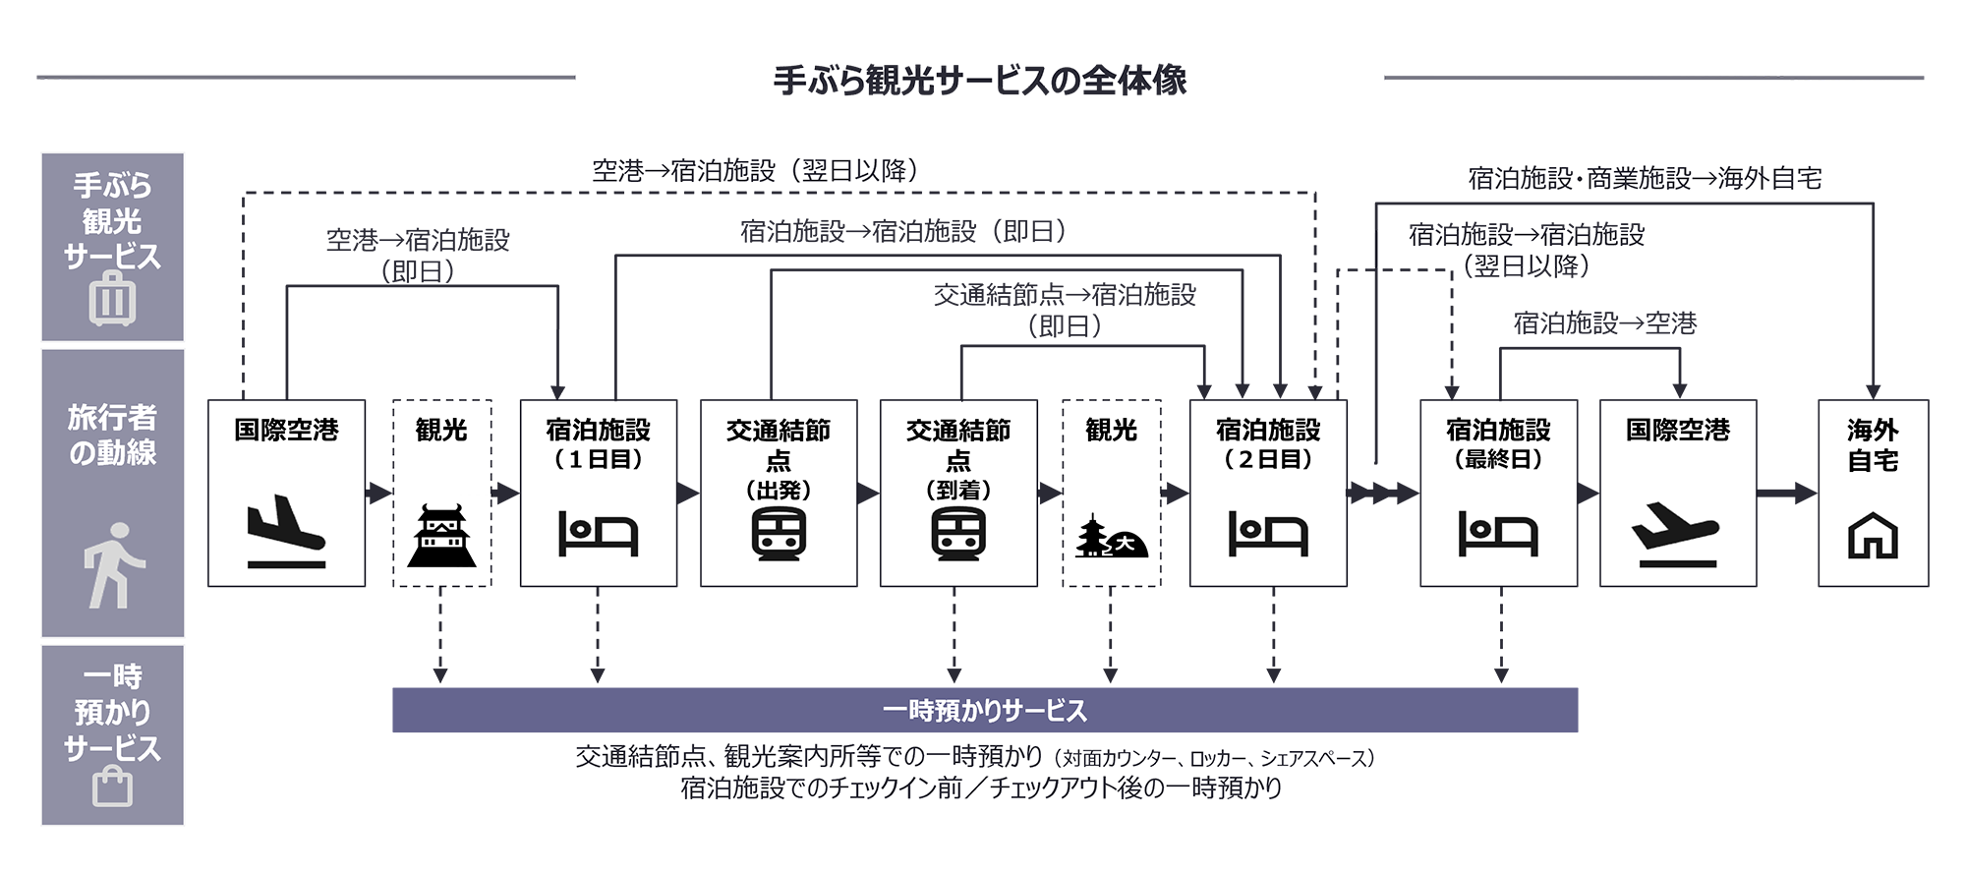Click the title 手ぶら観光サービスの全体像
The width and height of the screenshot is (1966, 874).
tap(980, 80)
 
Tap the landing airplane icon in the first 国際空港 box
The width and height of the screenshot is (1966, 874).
tap(286, 531)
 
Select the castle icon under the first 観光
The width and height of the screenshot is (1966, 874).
tap(441, 536)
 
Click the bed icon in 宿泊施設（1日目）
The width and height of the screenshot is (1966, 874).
tap(598, 534)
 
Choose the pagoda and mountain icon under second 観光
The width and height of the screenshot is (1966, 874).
tap(1111, 537)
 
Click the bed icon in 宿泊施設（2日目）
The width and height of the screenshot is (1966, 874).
tap(1268, 534)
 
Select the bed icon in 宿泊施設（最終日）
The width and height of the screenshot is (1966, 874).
tap(1498, 534)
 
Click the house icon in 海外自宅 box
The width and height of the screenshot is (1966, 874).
tap(1873, 536)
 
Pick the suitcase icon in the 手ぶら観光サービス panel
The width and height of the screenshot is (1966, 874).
tap(112, 299)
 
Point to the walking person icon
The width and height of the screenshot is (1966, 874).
tap(113, 564)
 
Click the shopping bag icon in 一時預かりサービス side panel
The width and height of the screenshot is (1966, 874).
tap(112, 787)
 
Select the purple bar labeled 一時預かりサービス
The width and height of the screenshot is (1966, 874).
tap(984, 710)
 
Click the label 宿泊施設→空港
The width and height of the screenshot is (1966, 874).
tap(1604, 322)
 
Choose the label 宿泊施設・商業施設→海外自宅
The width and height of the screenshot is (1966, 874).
tap(1645, 178)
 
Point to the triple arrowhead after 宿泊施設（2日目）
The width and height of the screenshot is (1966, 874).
tap(1383, 493)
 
